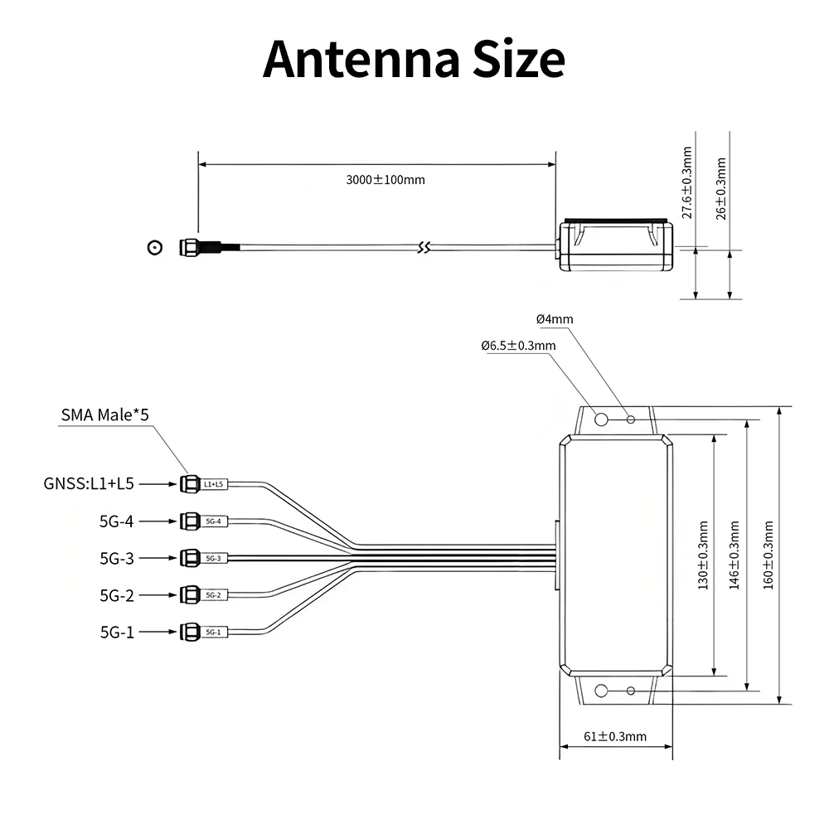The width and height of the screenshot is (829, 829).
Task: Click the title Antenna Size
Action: click(x=414, y=60)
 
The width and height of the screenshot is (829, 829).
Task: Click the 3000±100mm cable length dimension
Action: click(x=385, y=180)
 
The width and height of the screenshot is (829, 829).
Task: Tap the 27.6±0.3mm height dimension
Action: click(x=686, y=182)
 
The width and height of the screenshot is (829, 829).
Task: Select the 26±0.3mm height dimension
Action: click(x=721, y=187)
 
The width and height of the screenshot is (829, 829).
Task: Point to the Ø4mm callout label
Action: click(x=555, y=319)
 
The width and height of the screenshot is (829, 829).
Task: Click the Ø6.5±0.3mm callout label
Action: click(x=518, y=346)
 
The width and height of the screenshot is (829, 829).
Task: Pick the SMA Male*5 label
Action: click(x=104, y=414)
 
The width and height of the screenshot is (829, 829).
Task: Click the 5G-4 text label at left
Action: click(x=117, y=521)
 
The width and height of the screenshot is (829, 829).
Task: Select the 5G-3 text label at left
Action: click(x=117, y=558)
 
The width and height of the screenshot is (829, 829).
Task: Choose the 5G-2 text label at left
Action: click(x=117, y=595)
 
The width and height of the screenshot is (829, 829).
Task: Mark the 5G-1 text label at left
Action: click(x=117, y=633)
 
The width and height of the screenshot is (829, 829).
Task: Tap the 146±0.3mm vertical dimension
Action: click(x=734, y=555)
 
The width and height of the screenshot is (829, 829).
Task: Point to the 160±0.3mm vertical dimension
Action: click(x=768, y=555)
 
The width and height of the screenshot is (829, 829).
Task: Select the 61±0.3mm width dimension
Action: click(x=615, y=736)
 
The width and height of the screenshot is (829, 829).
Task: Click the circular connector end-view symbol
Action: click(x=154, y=247)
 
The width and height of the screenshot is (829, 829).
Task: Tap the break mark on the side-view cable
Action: click(x=424, y=247)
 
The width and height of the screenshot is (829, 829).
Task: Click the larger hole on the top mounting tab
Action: click(x=603, y=419)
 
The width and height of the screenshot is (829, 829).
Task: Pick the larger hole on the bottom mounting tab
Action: click(x=603, y=690)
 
